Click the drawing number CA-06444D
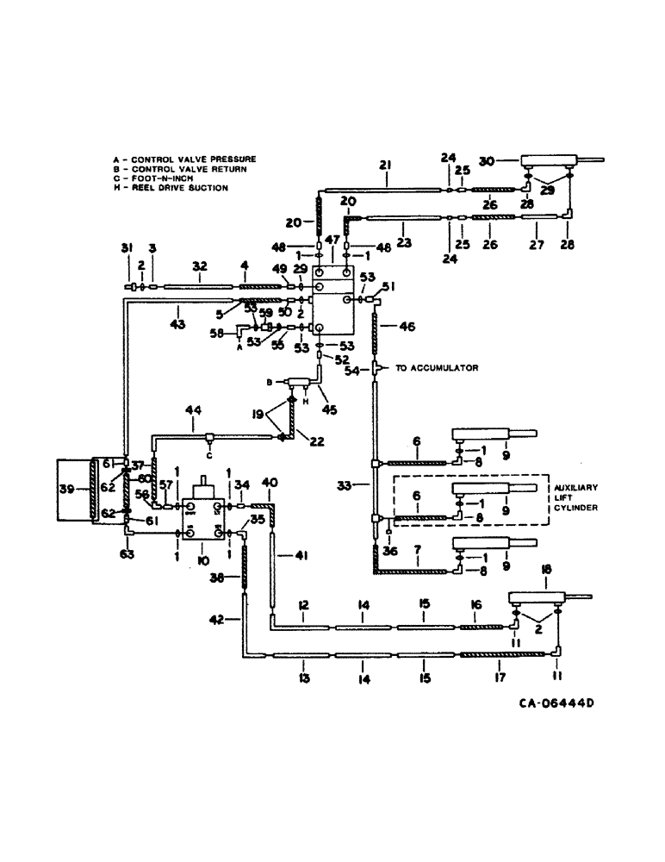[x=556, y=703]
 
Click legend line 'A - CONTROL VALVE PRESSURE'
[x=184, y=159]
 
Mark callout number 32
[x=199, y=267]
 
